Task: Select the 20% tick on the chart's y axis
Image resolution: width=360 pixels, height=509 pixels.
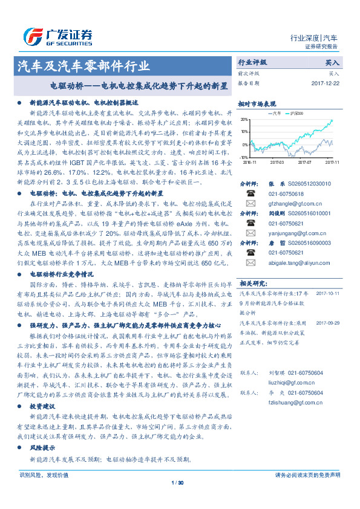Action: click(244, 120)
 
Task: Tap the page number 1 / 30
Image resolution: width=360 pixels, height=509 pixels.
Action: click(177, 482)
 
